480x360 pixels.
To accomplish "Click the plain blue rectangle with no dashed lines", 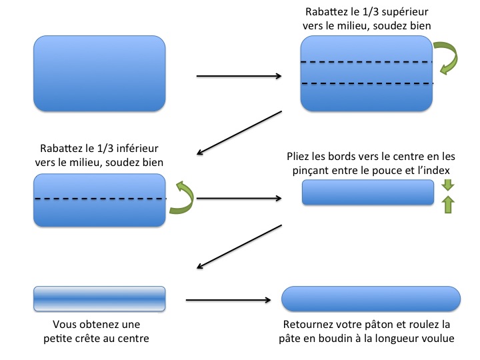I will [x=99, y=73].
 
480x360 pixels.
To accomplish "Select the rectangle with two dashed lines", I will [x=367, y=73].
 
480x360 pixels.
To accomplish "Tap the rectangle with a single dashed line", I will [x=99, y=200].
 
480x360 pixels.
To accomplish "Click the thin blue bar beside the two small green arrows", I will [x=369, y=193].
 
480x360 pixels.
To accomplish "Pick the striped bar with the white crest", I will [x=99, y=298].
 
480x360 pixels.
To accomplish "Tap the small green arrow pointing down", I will [x=447, y=185].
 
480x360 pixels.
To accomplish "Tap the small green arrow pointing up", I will [x=447, y=204].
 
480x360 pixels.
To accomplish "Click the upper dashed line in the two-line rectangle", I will [x=367, y=63].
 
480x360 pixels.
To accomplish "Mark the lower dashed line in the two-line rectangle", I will [x=367, y=84].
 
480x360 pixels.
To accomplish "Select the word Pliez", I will [x=299, y=157].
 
